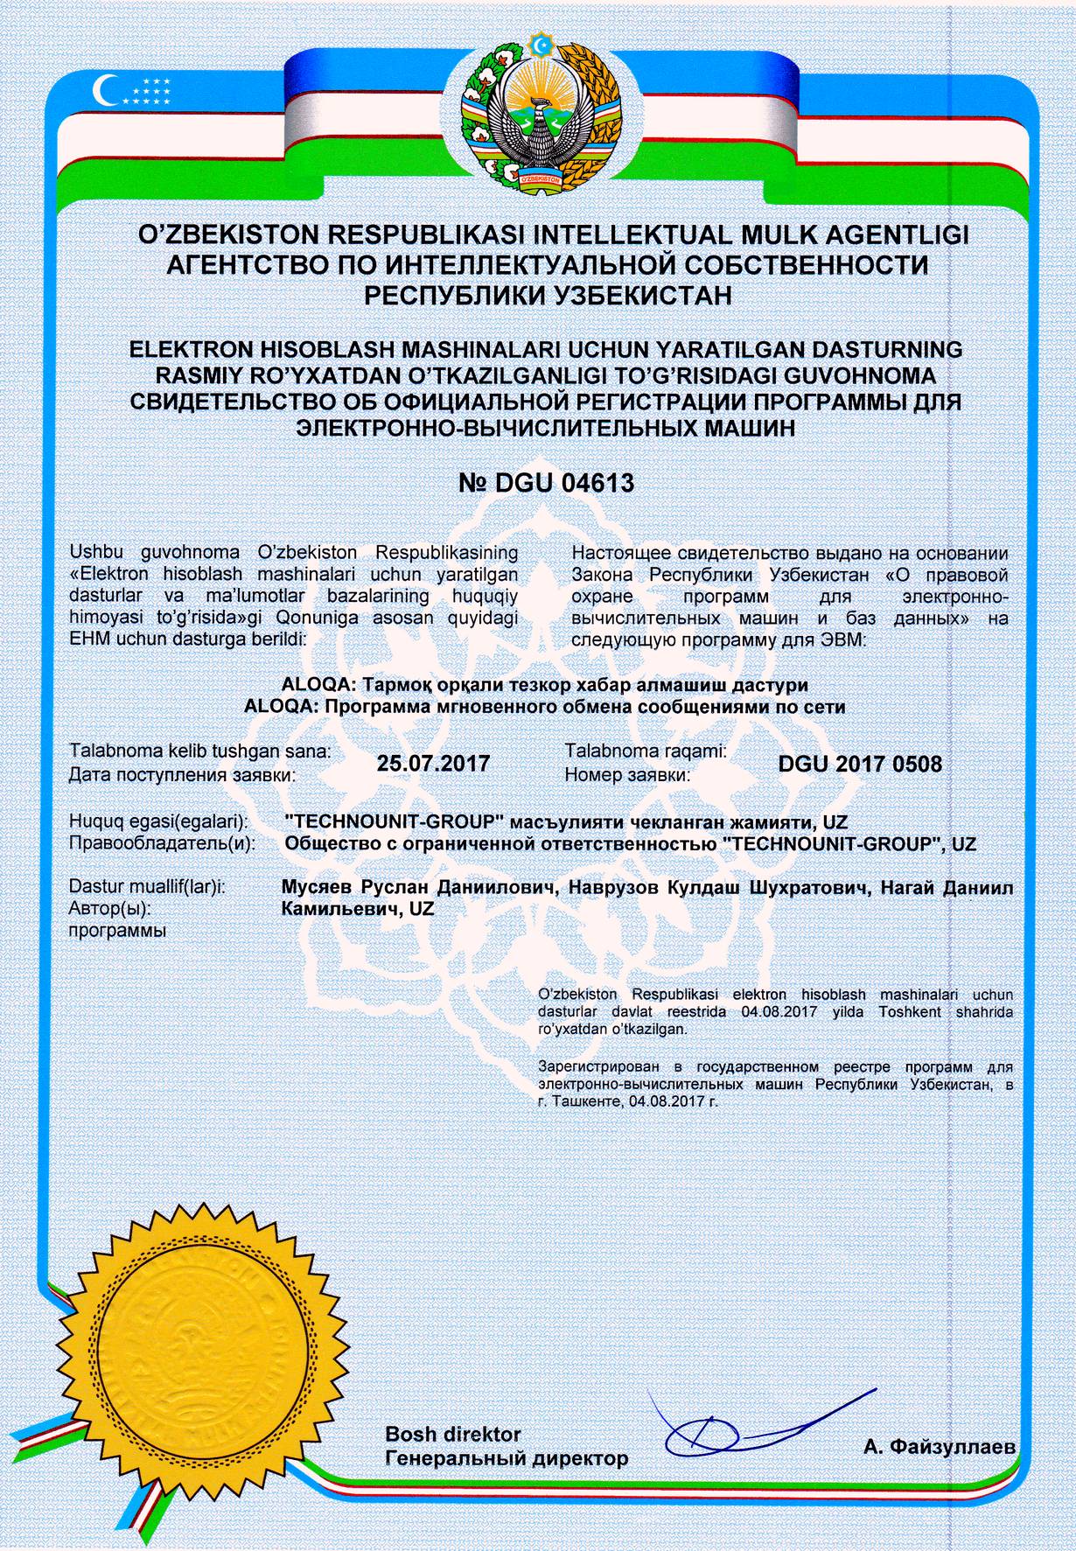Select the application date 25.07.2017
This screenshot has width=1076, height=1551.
pyautogui.click(x=433, y=763)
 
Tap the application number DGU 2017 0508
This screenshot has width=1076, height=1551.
pyautogui.click(x=860, y=764)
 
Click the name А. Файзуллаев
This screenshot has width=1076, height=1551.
pyautogui.click(x=939, y=1447)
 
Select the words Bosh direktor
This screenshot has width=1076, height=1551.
pyautogui.click(x=453, y=1434)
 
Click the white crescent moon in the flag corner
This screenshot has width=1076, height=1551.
pyautogui.click(x=108, y=88)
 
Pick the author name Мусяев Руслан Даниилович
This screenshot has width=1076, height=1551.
pyautogui.click(x=420, y=889)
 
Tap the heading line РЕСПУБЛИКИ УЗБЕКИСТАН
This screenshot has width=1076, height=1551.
pyautogui.click(x=547, y=295)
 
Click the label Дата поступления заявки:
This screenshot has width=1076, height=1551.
pyautogui.click(x=182, y=774)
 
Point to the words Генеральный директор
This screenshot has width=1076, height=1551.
pyautogui.click(x=507, y=1458)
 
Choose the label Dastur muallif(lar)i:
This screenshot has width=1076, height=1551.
pyautogui.click(x=147, y=888)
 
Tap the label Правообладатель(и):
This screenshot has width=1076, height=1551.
pyautogui.click(x=162, y=844)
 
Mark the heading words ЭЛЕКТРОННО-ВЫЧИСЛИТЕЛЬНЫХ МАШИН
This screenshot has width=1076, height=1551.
pyautogui.click(x=547, y=429)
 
